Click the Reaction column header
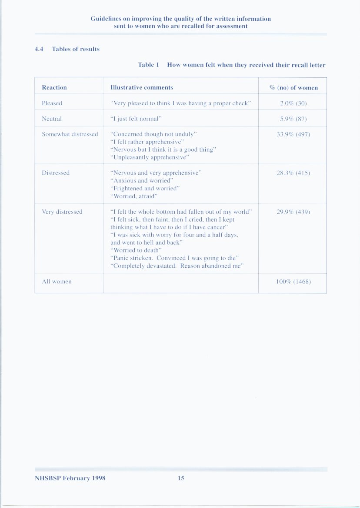(54, 88)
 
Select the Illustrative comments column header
(142, 88)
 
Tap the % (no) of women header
(293, 88)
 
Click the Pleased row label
(52, 103)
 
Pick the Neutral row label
(52, 119)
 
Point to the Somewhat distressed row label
(70, 134)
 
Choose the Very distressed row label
(62, 212)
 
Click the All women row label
(57, 282)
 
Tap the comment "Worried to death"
(136, 250)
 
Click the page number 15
(181, 478)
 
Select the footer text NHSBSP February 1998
(70, 478)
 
